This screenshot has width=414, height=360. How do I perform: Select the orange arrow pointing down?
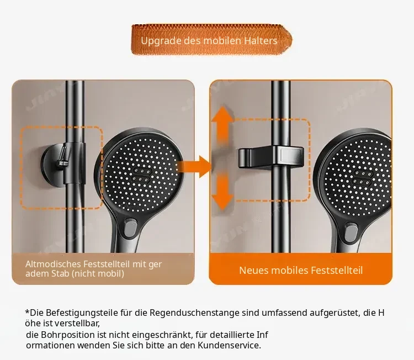click(222, 190)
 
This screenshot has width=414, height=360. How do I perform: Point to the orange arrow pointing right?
click(194, 167)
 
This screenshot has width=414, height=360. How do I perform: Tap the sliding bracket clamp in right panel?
click(271, 157)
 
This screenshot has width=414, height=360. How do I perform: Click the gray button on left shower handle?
click(130, 229)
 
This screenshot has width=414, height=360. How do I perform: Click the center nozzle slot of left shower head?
click(142, 175)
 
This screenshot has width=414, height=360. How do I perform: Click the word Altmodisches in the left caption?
click(53, 264)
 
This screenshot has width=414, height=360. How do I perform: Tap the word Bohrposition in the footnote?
click(68, 335)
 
